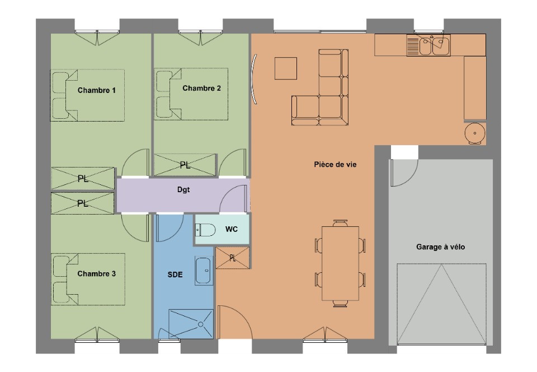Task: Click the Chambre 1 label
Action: click(97, 90)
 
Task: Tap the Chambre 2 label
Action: click(201, 88)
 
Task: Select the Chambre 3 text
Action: click(97, 273)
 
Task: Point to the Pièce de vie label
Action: click(335, 165)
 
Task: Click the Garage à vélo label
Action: click(440, 247)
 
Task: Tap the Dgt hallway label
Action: click(183, 189)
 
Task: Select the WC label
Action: click(232, 229)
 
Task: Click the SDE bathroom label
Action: click(175, 275)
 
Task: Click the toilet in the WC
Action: click(205, 230)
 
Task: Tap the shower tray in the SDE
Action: click(191, 324)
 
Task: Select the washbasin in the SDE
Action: click(203, 271)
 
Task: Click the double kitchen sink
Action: click(428, 45)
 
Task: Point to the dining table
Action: click(340, 263)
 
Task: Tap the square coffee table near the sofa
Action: click(286, 68)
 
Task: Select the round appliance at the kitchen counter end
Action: click(475, 133)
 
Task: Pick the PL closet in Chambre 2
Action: click(185, 165)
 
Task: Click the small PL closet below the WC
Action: click(233, 258)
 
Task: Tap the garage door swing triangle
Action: click(441, 304)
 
